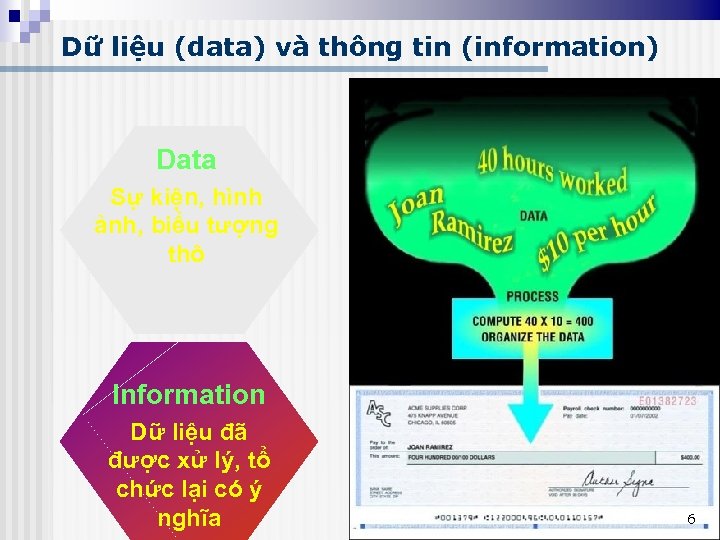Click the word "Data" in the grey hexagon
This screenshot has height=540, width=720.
pos(186,160)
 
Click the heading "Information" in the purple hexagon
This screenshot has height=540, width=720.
pos(189,394)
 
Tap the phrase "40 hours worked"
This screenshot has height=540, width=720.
pos(552,171)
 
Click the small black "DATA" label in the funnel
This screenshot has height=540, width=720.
pos(533,215)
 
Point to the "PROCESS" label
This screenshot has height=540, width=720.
pos(532,296)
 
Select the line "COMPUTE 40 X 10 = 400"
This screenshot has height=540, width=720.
pos(533,322)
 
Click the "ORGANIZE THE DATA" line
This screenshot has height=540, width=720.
pos(533,336)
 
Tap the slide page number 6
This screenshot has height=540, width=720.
pos(690,518)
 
